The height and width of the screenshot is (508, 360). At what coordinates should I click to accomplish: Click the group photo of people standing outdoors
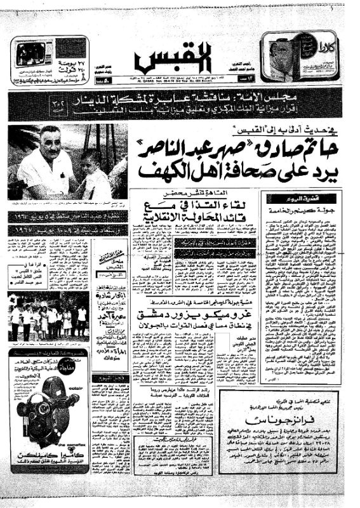[48, 317]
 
